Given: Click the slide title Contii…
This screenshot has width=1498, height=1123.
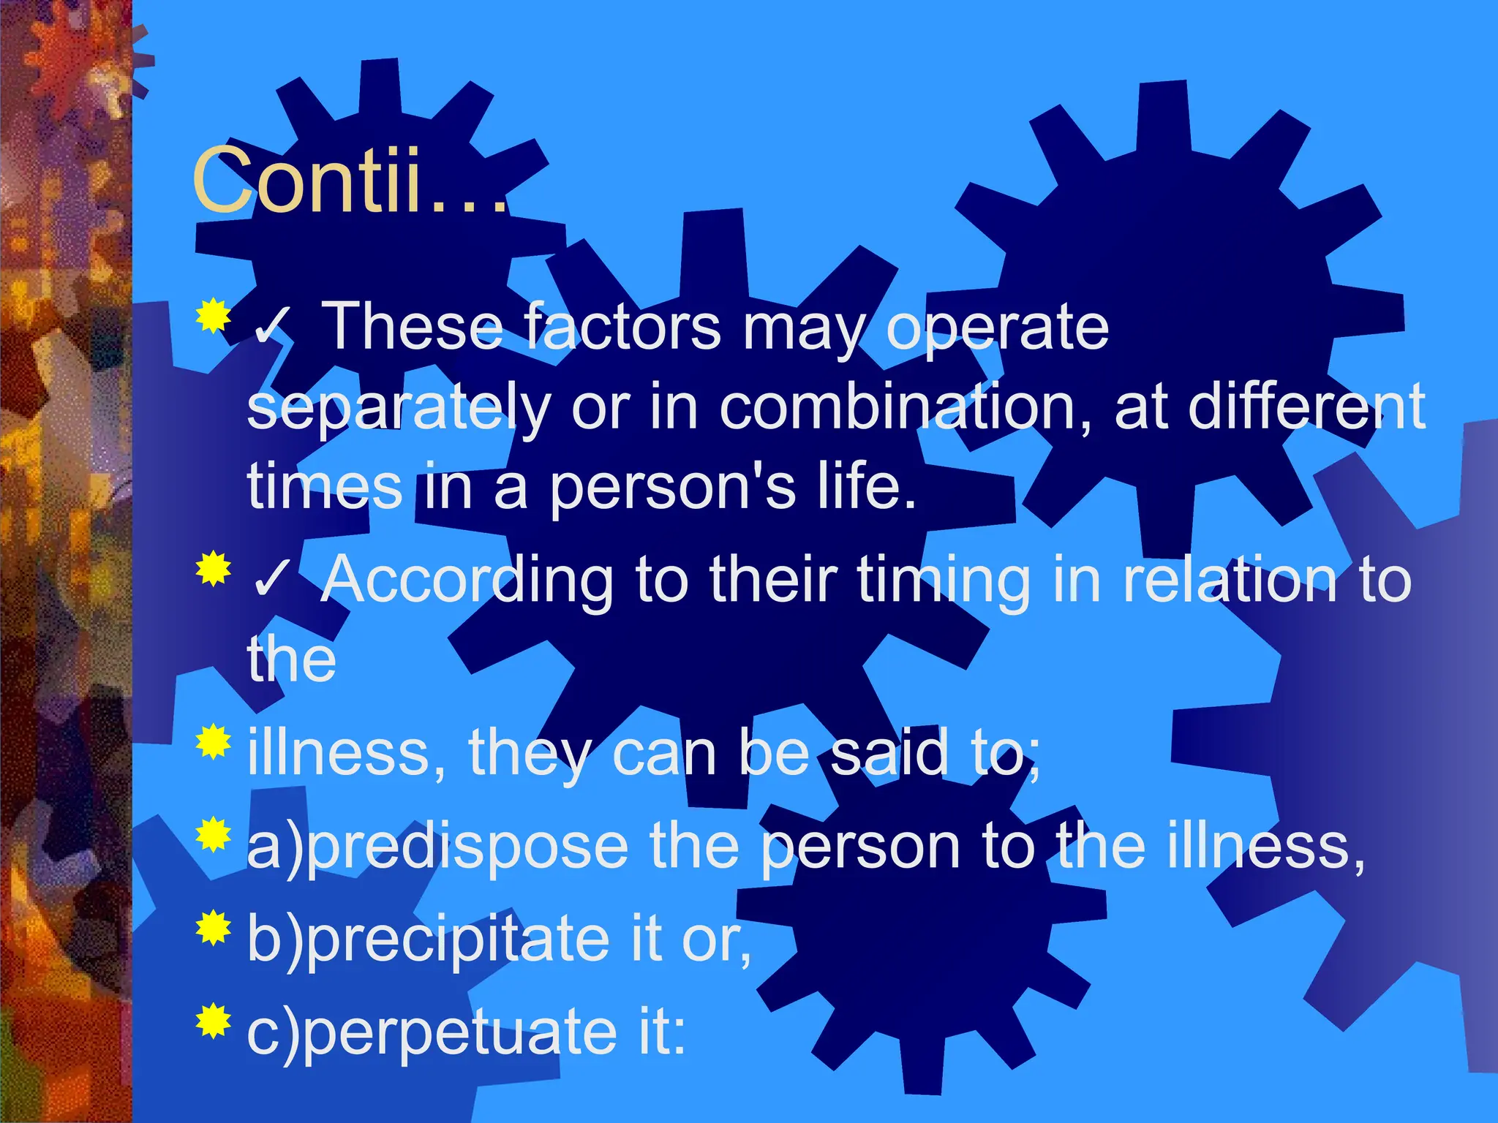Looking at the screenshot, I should click(x=350, y=180).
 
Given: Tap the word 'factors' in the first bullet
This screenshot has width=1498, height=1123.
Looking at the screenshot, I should click(x=622, y=327).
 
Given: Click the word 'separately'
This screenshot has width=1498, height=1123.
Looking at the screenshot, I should click(x=399, y=408).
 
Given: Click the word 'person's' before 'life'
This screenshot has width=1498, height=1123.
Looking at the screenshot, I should click(x=672, y=487).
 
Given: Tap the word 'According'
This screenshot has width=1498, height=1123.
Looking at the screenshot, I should click(x=467, y=580).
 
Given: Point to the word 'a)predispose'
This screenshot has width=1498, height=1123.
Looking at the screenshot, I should click(x=437, y=848).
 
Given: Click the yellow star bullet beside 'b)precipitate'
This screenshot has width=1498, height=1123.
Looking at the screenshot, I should click(x=214, y=928).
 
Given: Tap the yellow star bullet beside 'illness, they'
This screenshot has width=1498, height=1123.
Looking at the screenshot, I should click(x=214, y=741).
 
